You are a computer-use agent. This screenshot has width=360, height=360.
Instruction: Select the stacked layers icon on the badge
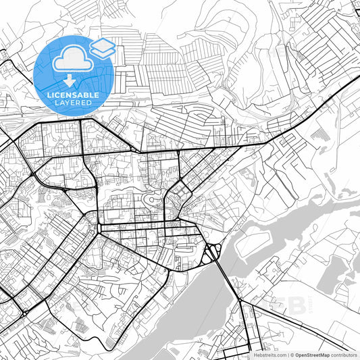coord(102,48)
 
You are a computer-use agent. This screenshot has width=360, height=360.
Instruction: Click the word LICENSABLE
coord(74,95)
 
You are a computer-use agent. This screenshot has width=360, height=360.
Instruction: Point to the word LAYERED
coord(74,104)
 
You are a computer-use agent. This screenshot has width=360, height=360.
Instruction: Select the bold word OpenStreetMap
coord(313,354)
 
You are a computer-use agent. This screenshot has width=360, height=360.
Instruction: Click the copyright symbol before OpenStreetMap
coord(291,354)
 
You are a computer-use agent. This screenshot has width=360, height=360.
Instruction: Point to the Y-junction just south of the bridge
coord(241,301)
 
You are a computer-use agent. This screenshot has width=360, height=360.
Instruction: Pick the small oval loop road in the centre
coord(154,200)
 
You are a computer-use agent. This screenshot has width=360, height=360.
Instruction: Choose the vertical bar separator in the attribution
coord(287,354)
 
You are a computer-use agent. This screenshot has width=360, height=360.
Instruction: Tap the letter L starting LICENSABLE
coord(49,95)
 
